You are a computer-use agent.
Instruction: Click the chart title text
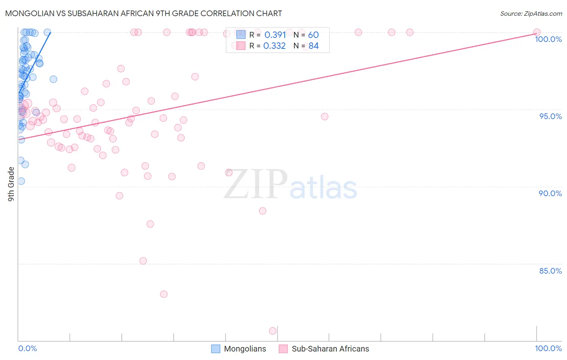point(144,13)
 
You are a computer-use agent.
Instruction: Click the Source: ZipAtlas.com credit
point(531,14)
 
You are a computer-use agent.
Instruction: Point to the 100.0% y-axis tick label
point(548,39)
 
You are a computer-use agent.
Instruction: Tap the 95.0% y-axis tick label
point(550,116)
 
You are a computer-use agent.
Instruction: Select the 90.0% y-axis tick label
point(550,193)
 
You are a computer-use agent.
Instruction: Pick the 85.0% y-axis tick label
point(550,271)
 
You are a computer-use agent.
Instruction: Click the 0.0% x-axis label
point(27,348)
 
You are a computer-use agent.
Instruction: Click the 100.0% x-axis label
point(548,348)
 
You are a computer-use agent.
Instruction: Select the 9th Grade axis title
point(11,184)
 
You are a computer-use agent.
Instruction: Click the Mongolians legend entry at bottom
point(239,349)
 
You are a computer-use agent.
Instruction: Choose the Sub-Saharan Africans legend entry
point(324,349)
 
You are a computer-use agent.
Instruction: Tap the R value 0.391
point(275,35)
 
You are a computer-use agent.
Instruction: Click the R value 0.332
point(274,46)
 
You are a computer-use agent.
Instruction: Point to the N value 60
point(313,35)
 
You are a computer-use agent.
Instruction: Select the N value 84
point(313,46)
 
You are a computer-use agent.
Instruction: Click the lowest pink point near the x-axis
point(273,331)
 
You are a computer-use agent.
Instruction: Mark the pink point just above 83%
point(164,294)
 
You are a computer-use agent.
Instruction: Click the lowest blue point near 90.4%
point(21,181)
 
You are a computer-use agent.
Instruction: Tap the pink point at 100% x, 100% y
point(537,32)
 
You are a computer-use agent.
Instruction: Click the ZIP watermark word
point(256,185)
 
